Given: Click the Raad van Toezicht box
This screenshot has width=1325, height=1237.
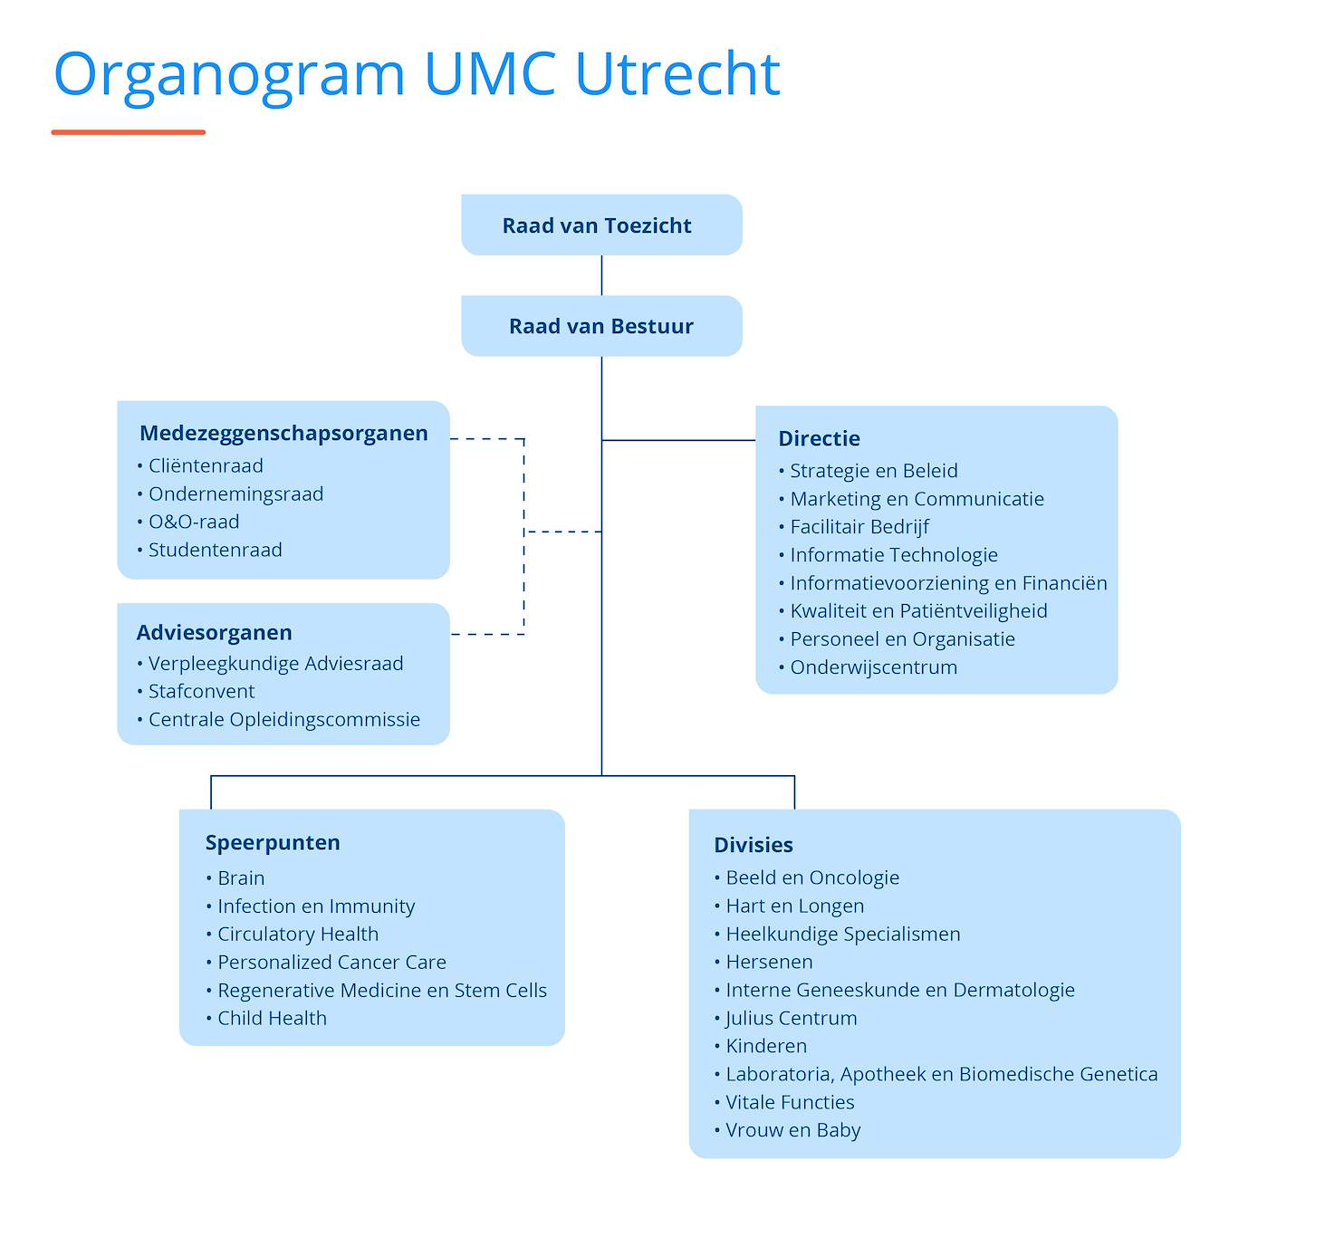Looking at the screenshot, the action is click(601, 225).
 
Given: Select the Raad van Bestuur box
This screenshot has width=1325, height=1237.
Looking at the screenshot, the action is click(601, 326).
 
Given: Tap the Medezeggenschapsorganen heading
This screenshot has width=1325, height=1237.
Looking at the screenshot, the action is click(283, 433).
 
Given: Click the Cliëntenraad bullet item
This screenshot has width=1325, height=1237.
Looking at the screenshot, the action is click(206, 465).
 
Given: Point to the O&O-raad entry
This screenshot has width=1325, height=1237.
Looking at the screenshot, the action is click(194, 522).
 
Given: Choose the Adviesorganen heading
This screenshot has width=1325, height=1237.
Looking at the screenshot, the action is click(214, 632).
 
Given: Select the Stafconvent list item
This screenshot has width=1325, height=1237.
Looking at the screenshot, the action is click(201, 691).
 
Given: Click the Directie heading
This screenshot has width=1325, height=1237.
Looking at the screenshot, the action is click(819, 438).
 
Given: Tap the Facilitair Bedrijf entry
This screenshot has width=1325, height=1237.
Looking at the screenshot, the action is click(859, 527).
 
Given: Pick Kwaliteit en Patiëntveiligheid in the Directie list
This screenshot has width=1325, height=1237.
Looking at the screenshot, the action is click(918, 611).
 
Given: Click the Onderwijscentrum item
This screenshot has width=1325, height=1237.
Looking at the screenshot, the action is click(873, 667).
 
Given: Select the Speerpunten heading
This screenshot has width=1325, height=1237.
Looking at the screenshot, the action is click(273, 843).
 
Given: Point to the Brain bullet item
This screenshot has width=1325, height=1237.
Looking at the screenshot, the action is click(241, 878).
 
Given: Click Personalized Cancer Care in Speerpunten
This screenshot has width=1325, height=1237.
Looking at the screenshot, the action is click(331, 962).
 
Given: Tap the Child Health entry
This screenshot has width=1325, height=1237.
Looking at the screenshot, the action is click(273, 1018).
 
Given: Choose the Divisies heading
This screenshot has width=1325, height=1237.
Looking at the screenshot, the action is click(754, 845).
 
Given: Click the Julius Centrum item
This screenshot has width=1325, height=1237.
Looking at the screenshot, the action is click(792, 1018).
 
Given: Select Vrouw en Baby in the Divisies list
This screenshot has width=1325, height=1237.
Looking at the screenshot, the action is click(793, 1130).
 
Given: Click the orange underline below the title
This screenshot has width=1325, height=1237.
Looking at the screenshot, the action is click(128, 132).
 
